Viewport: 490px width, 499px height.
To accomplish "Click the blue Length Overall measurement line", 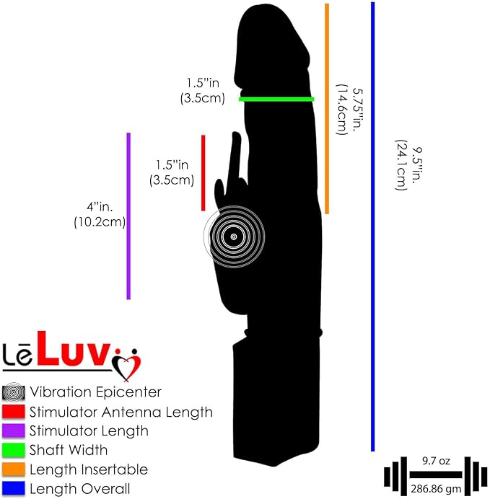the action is coord(373,226).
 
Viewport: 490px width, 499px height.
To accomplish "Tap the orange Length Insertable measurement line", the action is coord(327,108).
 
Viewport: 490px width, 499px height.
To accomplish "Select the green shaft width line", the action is coord(276,100).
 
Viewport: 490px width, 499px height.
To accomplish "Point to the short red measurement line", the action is coord(203,173).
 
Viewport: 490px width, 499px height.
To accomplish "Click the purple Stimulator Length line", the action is coord(128,216).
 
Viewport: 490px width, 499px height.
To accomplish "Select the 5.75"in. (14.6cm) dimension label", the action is coord(350,109).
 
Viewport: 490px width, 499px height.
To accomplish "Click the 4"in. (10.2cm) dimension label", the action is coord(100,214).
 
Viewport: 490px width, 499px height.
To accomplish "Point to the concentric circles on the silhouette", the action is coord(234,237).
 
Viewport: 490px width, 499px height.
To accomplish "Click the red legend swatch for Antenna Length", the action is coord(14,412).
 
